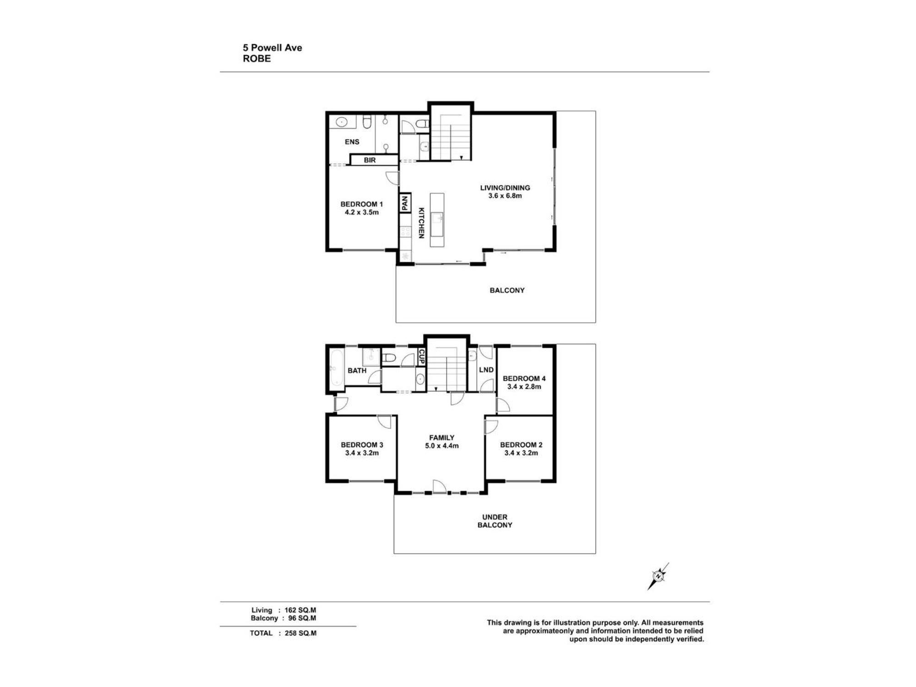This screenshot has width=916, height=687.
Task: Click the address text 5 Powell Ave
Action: point(273,48)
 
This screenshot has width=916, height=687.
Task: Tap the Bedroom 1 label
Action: point(361,204)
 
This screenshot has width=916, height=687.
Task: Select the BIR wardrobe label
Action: point(370,160)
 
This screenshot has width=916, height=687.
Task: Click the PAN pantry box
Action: point(405,203)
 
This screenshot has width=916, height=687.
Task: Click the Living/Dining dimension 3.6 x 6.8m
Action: point(505,196)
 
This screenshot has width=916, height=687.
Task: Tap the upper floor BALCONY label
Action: point(507,290)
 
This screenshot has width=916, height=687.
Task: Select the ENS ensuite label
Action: point(352,142)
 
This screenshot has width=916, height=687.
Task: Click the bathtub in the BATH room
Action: point(336,368)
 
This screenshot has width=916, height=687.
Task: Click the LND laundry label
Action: point(486,370)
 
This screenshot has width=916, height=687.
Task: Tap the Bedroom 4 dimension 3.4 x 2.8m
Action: point(524,387)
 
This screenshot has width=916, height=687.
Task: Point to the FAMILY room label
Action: point(442,438)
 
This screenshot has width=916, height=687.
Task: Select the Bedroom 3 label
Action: point(362,445)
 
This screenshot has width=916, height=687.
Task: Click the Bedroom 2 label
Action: point(521,445)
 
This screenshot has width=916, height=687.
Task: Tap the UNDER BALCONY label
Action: point(495,521)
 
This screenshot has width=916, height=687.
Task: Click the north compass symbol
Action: point(658,577)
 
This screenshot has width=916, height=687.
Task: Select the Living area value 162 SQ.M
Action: point(300,610)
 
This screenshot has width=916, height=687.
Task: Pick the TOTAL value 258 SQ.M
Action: point(300,633)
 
